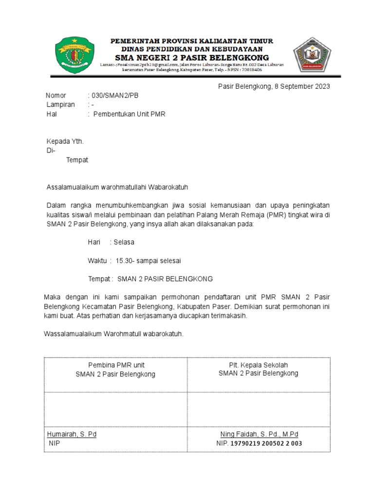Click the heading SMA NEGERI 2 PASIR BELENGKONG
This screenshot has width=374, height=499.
pyautogui.click(x=191, y=58)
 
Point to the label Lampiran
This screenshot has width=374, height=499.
pyautogui.click(x=60, y=105)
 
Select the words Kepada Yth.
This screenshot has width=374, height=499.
pyautogui.click(x=65, y=141)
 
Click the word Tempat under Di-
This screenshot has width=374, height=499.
pyautogui.click(x=77, y=160)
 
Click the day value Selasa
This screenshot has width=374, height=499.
pyautogui.click(x=124, y=242)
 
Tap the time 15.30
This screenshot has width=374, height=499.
pyautogui.click(x=125, y=260)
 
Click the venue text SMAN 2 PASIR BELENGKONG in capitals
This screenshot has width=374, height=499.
pyautogui.click(x=165, y=279)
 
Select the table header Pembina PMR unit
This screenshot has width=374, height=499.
pyautogui.click(x=115, y=365)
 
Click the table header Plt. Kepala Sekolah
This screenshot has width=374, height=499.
pyautogui.click(x=259, y=365)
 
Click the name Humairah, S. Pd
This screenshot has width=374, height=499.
pyautogui.click(x=72, y=434)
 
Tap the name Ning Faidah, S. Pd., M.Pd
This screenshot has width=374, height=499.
pyautogui.click(x=259, y=434)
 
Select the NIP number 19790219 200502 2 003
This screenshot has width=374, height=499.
pyautogui.click(x=266, y=443)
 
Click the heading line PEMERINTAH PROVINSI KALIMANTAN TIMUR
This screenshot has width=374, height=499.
pyautogui.click(x=191, y=41)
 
